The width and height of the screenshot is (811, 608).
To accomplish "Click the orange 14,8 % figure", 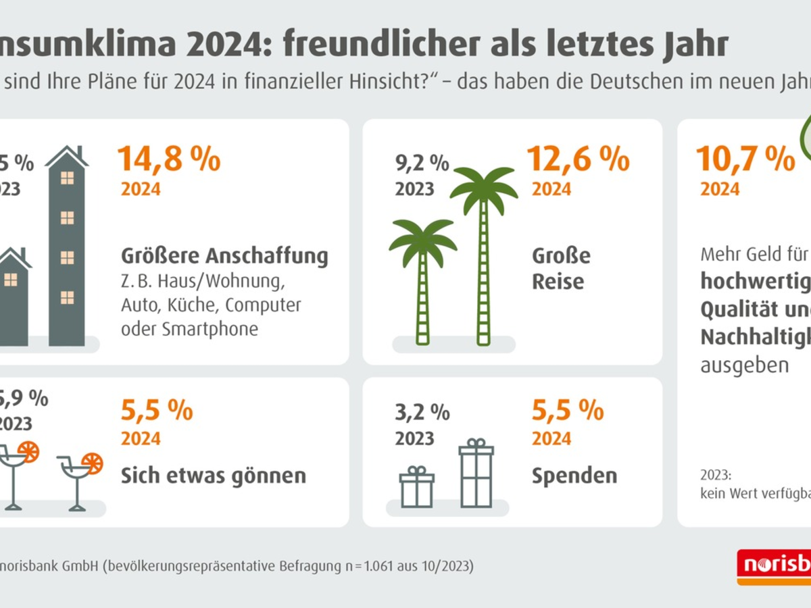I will [169, 159].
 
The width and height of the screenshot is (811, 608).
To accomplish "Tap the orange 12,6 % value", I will [579, 159].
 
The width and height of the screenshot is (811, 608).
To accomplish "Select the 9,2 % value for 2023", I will [422, 163].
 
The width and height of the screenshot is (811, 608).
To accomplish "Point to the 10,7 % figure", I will [745, 159].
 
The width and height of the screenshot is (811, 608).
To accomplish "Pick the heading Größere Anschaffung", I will [224, 257].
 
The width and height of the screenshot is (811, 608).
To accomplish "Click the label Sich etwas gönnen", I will [214, 476].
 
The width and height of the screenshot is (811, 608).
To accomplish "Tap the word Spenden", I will [574, 476].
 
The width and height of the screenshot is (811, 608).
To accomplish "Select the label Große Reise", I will [561, 268].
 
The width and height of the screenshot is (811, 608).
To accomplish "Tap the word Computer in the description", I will [263, 305].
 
